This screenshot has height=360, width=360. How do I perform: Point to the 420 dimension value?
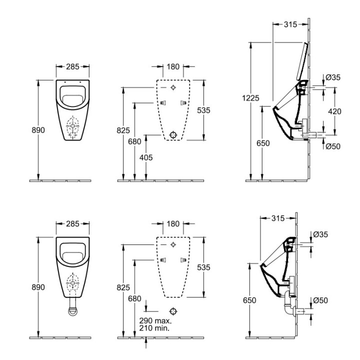click(x=334, y=111)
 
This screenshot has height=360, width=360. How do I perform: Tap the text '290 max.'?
click(x=155, y=320)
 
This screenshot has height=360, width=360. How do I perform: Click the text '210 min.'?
click(x=155, y=328)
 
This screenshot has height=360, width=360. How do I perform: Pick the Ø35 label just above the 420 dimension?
click(x=333, y=77)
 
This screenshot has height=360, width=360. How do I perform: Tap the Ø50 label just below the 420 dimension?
click(x=333, y=146)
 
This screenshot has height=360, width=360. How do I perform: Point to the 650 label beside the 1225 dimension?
click(x=263, y=143)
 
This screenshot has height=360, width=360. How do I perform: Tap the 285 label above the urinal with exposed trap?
click(x=72, y=223)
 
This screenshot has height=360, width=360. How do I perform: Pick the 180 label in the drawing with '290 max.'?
click(x=172, y=223)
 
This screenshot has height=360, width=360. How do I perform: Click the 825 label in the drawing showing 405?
click(x=123, y=130)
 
